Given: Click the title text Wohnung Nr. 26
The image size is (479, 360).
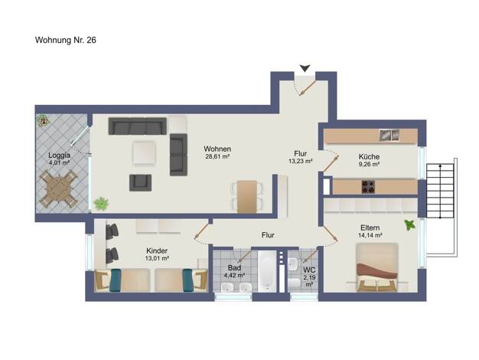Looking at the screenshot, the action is tap(66, 40).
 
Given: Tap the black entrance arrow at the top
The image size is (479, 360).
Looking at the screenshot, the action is tap(305, 68).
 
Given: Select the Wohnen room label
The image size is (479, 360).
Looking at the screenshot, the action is tap(217, 149).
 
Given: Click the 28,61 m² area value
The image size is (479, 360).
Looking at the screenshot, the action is tap(217, 156).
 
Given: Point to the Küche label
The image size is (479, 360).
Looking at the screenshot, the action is tap(369, 156).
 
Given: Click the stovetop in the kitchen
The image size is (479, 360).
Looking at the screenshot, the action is tap(368, 187).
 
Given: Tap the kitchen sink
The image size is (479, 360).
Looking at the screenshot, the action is tap(389, 135).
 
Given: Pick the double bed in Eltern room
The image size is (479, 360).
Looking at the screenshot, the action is tap(377, 267).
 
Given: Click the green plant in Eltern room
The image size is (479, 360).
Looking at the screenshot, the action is tap(409, 225).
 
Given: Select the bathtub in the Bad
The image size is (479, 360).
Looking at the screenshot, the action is tap(267, 271).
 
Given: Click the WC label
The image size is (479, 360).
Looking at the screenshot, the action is tap(309, 270).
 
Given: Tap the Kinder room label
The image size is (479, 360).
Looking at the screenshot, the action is tap(157, 250).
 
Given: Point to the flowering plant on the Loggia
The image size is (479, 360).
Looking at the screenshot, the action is tap(43, 120).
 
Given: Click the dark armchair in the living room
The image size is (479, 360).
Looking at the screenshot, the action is tap(140, 183).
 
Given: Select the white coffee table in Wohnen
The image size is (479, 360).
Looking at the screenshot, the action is tap(144, 152).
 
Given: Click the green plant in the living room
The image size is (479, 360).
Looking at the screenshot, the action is tap(101, 204).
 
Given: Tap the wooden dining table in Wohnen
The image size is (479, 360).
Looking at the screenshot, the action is tap(247, 196).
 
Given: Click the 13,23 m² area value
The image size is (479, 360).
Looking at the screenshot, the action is tap(300, 161).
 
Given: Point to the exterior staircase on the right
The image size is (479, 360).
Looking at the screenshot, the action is tap(440, 191).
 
